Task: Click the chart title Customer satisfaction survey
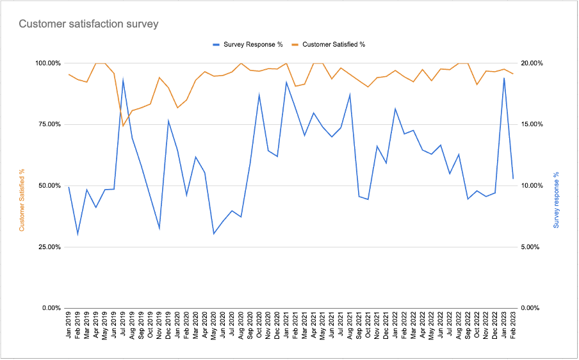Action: (x=88, y=24)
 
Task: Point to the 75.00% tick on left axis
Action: (x=47, y=124)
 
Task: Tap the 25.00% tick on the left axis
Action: (x=47, y=247)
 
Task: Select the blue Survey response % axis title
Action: (x=556, y=200)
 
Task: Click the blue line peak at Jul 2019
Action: (x=123, y=79)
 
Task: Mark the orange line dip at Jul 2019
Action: (x=123, y=126)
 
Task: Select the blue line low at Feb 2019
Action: (x=77, y=234)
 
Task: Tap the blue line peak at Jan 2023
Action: (x=504, y=78)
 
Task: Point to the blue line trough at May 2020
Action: (x=214, y=234)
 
